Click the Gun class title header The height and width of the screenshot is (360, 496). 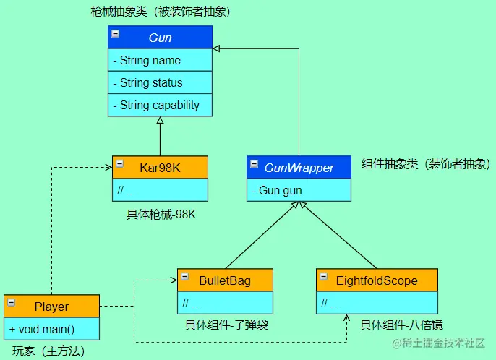pos(160,38)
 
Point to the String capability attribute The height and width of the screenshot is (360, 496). pos(160,105)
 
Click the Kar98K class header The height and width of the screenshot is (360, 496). pos(160,168)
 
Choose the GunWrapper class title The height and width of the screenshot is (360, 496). pos(299,168)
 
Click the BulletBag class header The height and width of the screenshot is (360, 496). pos(225,280)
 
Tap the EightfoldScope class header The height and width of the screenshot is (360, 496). pos(377,280)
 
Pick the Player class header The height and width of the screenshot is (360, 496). pos(51,307)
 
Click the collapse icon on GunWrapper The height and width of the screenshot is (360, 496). pos(254,163)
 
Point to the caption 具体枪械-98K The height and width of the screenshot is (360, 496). pos(161,215)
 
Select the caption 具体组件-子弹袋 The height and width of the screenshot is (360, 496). pos(226,325)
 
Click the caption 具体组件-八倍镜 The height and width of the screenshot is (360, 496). pos(402,325)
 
